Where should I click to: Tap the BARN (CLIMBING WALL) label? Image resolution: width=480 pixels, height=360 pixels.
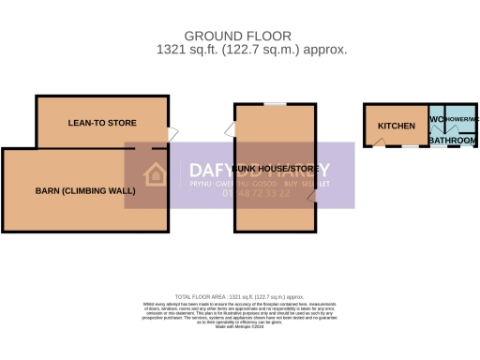(85, 190)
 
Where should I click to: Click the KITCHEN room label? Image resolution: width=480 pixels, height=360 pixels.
(396, 126)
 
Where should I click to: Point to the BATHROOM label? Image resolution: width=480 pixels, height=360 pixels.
(452, 140)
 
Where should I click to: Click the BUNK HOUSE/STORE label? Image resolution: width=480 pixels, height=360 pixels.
(275, 169)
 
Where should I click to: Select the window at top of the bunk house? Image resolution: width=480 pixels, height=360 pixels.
(274, 103)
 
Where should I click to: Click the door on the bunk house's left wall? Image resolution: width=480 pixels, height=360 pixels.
(229, 132)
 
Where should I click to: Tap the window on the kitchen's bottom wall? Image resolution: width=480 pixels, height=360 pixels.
(410, 147)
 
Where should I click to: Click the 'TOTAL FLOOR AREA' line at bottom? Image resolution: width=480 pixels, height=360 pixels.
(240, 294)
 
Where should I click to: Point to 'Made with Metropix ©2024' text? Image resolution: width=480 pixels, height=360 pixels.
(240, 326)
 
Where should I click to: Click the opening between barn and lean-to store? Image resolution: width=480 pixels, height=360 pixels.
(142, 148)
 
